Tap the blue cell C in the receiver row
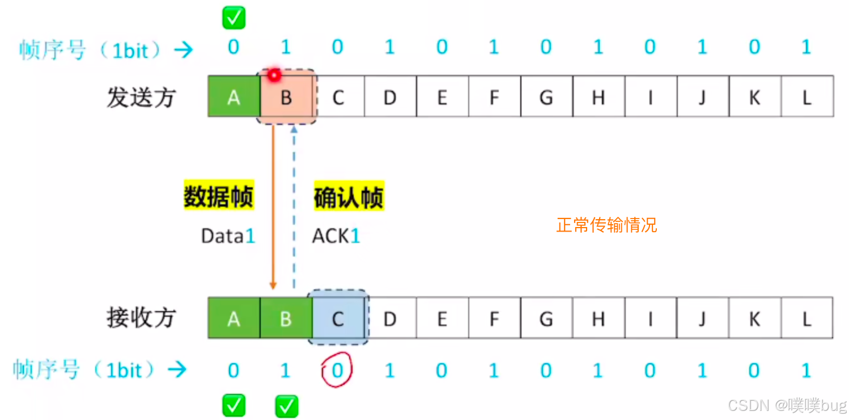pos(338,319)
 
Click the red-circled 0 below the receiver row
pos(337,371)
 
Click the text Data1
pos(228,236)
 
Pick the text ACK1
pos(336,236)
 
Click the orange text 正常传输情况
pos(606,225)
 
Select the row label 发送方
pos(141,98)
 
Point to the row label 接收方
pos(141,318)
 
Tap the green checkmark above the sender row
pos(234,18)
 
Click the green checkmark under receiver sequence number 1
pos(286,406)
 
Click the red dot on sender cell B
pos(275,75)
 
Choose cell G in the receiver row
pos(546,319)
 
